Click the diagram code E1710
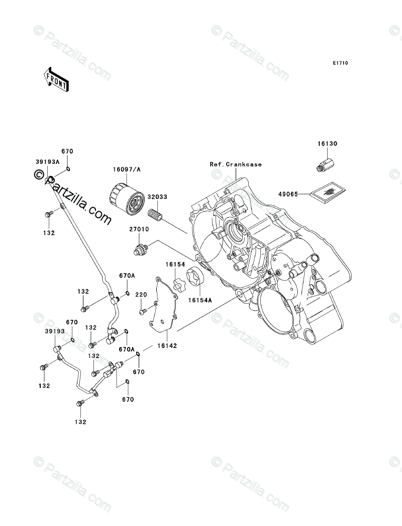tap(340, 63)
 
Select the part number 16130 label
tap(327, 144)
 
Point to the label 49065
tap(288, 194)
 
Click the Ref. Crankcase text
tap(235, 164)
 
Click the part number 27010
tap(140, 229)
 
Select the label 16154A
tap(200, 300)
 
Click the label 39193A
tap(47, 162)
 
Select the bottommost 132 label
tap(80, 422)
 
